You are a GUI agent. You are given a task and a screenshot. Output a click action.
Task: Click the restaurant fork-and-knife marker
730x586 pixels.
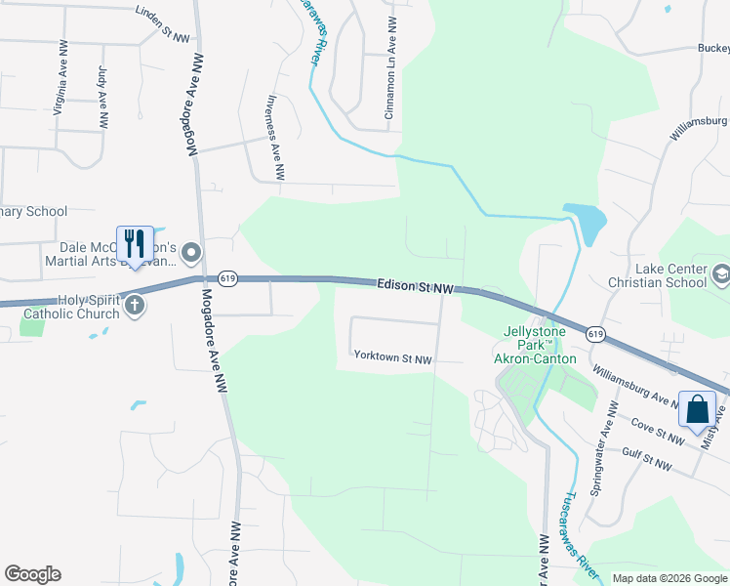pos(135,242)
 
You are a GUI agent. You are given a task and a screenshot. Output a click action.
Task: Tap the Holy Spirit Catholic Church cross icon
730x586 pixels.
pos(135,306)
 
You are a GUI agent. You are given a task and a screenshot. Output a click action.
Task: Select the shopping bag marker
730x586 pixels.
pos(697,408)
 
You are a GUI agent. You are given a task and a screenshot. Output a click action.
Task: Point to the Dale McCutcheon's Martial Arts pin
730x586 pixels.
pos(190,254)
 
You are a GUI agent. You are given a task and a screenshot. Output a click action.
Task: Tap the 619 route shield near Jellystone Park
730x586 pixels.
pos(594,334)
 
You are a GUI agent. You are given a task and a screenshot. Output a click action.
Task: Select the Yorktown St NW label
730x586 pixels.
pos(392,358)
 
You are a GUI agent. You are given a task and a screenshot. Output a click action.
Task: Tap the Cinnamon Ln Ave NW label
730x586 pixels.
pos(390,68)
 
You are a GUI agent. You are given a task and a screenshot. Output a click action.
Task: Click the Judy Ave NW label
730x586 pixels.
pos(102,97)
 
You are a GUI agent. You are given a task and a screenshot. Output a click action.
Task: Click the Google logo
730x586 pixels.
pos(32,574)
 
